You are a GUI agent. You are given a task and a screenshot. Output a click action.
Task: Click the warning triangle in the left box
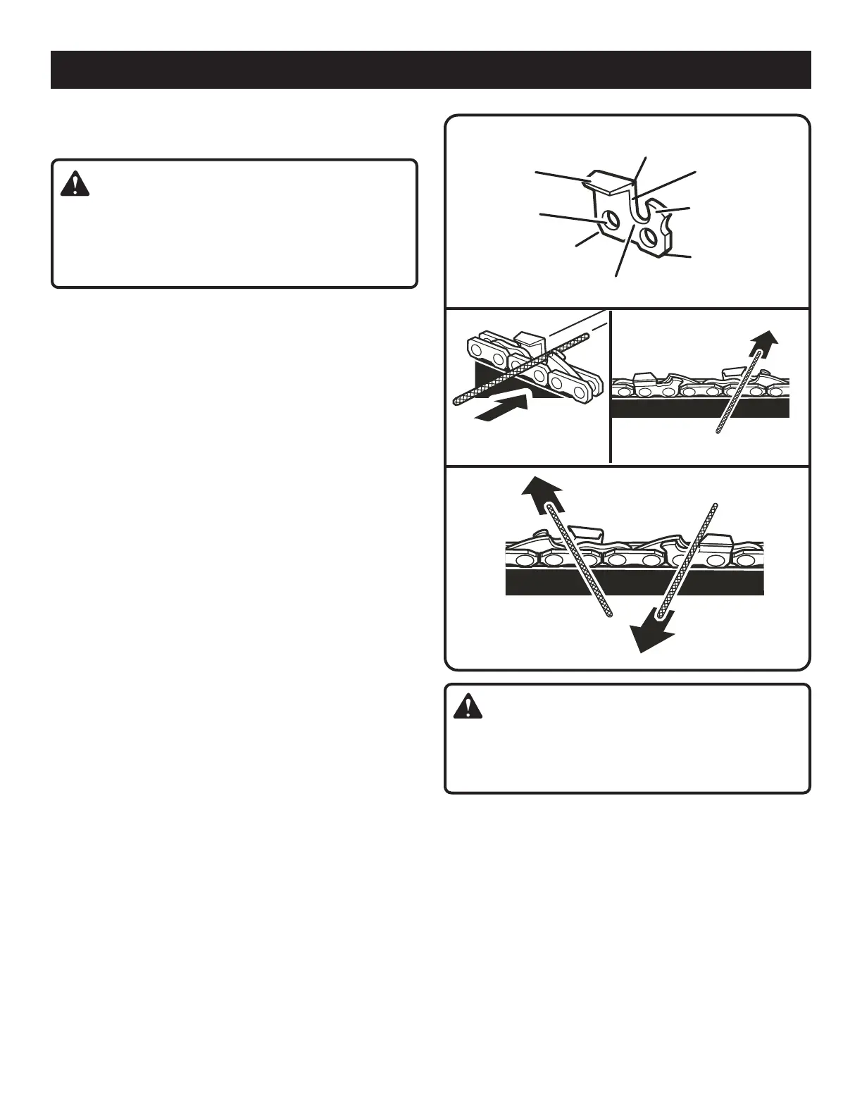(75, 183)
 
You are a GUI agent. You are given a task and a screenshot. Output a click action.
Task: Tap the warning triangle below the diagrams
(468, 706)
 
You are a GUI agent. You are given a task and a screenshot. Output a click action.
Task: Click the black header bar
(430, 70)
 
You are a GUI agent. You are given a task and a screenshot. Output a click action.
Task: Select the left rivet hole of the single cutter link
(612, 221)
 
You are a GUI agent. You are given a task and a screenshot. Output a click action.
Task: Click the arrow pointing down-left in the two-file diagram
(653, 631)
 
